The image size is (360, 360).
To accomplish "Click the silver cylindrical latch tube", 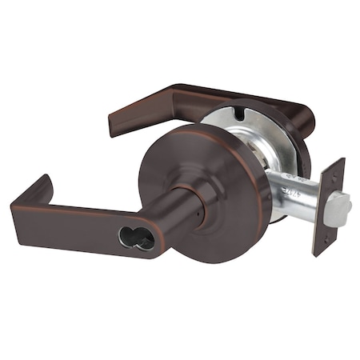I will [x=288, y=192].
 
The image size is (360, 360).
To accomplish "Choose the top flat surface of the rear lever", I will [x=200, y=96].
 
